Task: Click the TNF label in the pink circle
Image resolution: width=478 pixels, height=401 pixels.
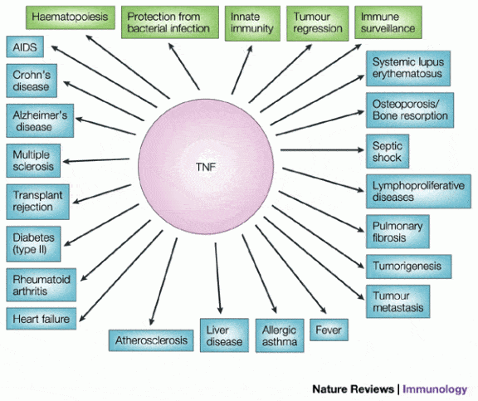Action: (x=206, y=167)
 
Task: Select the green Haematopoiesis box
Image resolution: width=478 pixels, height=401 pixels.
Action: (x=71, y=17)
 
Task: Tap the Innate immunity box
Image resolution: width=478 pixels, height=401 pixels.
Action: (x=252, y=23)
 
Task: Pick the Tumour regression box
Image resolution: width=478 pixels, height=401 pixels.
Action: (x=318, y=23)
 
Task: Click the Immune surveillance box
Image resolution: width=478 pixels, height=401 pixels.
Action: (x=388, y=22)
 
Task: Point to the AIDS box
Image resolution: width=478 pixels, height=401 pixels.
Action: (x=25, y=46)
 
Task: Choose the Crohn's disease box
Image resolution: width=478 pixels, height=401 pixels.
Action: (x=32, y=81)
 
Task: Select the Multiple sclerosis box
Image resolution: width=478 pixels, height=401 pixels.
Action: (x=33, y=160)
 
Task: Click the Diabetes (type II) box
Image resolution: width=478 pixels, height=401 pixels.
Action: (x=33, y=243)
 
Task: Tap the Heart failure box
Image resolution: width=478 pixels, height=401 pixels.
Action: (x=41, y=319)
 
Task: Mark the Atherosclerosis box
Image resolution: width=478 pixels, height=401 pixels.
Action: (x=151, y=340)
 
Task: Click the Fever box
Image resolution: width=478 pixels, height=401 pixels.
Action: (x=329, y=330)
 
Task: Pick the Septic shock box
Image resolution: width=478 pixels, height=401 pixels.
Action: (x=388, y=151)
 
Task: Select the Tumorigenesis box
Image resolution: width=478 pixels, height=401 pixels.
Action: (x=409, y=267)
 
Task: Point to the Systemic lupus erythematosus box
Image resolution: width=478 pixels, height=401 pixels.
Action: (x=408, y=68)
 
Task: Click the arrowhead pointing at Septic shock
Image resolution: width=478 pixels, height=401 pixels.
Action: (x=361, y=149)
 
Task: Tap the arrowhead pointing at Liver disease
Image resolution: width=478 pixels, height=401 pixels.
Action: (x=220, y=311)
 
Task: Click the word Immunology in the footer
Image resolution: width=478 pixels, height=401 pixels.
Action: (x=435, y=389)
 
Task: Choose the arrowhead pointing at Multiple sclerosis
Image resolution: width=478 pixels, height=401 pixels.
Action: (x=66, y=162)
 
